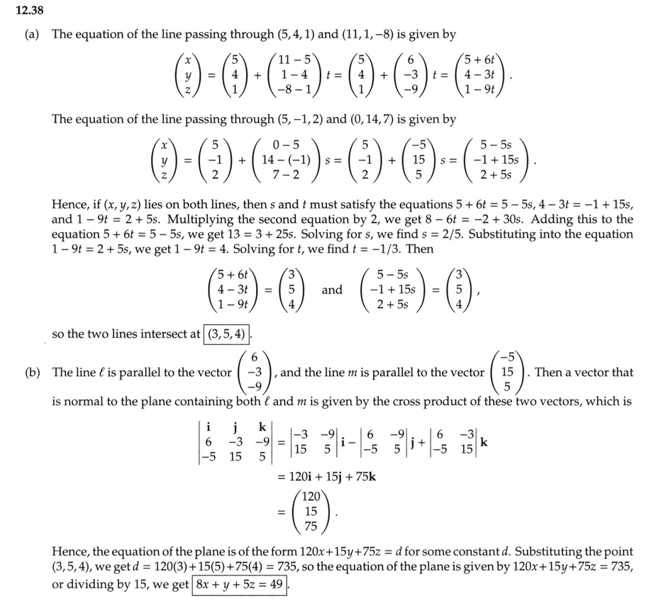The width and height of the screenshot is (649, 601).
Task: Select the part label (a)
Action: [x=33, y=34]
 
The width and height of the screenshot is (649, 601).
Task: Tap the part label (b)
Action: [x=33, y=372]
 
